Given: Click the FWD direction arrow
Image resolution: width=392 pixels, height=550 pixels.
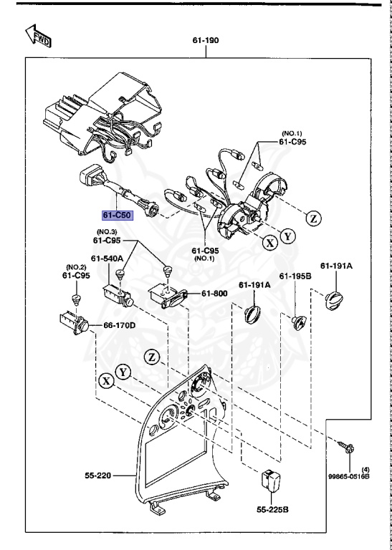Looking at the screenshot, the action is click(38, 36).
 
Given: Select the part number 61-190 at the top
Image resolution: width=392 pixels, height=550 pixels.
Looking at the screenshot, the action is click(205, 40).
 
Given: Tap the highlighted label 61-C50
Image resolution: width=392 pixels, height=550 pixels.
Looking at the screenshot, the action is click(118, 215).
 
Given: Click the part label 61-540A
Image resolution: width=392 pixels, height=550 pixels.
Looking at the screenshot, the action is click(107, 259).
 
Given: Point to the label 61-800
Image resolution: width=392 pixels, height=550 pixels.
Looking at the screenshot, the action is click(214, 294).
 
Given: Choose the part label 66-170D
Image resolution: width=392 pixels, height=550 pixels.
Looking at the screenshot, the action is click(119, 326).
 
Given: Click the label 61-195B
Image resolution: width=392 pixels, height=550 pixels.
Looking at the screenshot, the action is click(295, 276).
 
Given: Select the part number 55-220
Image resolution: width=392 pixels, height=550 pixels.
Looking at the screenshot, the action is click(98, 476).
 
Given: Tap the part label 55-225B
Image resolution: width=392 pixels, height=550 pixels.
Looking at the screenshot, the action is click(272, 509).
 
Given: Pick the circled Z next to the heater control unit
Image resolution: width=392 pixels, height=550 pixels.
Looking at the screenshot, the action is click(313, 218).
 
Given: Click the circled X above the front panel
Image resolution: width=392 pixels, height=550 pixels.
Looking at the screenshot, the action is click(107, 381).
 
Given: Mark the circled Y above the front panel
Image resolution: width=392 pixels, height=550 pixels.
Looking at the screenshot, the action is click(123, 372).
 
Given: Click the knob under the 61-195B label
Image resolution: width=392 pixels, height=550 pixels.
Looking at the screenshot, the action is click(299, 322).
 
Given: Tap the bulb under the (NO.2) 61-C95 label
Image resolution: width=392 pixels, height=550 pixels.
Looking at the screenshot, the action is click(76, 300).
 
